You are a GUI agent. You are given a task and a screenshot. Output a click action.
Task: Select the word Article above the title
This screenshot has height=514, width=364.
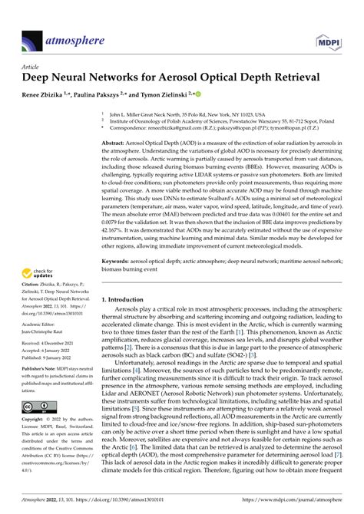pyautogui.click(x=30, y=67)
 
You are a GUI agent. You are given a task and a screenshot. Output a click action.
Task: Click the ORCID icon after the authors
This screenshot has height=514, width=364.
pyautogui.click(x=198, y=94)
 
